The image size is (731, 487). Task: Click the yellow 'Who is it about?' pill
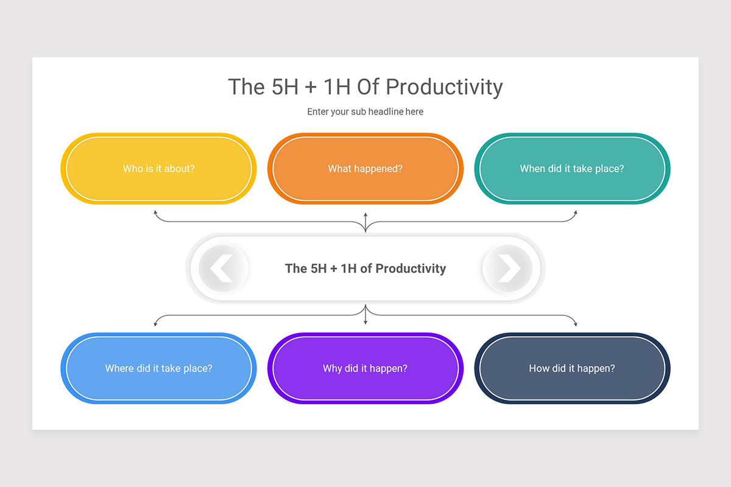(x=158, y=168)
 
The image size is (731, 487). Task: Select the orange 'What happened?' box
(x=365, y=168)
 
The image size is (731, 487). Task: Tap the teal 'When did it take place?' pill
(x=572, y=168)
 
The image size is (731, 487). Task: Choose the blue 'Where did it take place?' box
(x=158, y=368)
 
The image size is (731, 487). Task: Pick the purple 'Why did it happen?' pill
(x=365, y=368)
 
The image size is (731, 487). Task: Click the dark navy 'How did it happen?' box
(x=572, y=368)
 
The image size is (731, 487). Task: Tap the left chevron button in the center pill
(x=224, y=268)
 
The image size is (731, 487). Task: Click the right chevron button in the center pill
(x=507, y=268)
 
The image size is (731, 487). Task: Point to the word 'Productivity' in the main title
(x=444, y=88)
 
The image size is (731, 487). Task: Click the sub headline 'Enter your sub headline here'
(x=365, y=111)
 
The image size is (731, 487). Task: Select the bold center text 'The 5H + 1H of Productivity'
(x=365, y=268)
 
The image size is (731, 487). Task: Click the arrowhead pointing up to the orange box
(x=365, y=215)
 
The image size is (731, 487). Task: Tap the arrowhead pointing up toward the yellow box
(x=156, y=212)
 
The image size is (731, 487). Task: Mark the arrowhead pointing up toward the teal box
(x=576, y=212)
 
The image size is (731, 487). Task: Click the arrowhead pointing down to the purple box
(x=365, y=322)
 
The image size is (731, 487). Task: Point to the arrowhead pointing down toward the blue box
(x=156, y=324)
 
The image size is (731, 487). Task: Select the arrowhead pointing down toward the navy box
(x=576, y=324)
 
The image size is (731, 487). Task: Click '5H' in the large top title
(x=285, y=87)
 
